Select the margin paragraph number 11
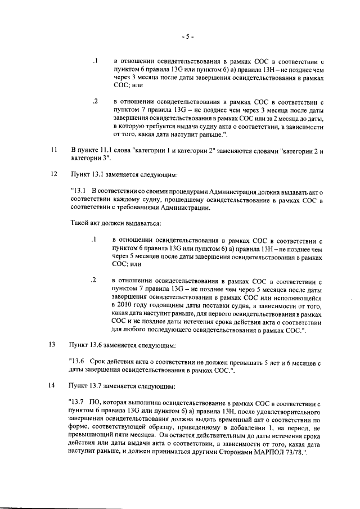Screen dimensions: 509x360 pos(53,151)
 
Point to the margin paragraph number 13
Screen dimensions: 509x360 pos(53,344)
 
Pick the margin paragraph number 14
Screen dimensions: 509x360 pos(53,386)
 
